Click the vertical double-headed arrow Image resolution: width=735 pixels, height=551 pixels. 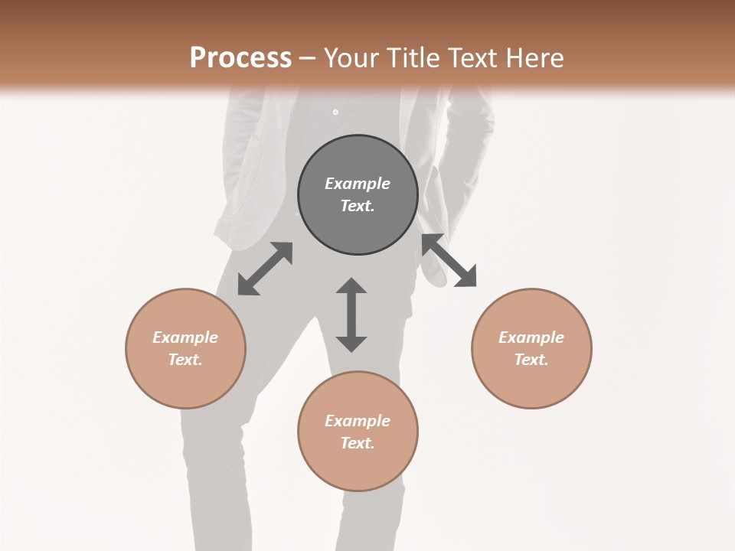[x=351, y=315]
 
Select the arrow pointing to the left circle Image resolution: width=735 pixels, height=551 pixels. [x=265, y=269]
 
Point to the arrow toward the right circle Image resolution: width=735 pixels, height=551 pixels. [x=449, y=260]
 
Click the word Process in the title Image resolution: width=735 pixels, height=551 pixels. [x=240, y=58]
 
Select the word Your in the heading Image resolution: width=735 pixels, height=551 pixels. [x=349, y=58]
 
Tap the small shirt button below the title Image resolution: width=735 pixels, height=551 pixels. [x=335, y=112]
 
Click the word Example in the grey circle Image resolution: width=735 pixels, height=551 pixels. [x=358, y=184]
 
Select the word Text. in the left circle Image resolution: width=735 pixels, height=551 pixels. [x=185, y=360]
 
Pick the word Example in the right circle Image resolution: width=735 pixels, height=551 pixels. [x=531, y=337]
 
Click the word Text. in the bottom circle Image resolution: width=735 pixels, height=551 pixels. [x=358, y=443]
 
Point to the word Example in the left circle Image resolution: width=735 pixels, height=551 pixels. [x=185, y=337]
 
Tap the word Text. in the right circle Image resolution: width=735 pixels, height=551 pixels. [x=531, y=360]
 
